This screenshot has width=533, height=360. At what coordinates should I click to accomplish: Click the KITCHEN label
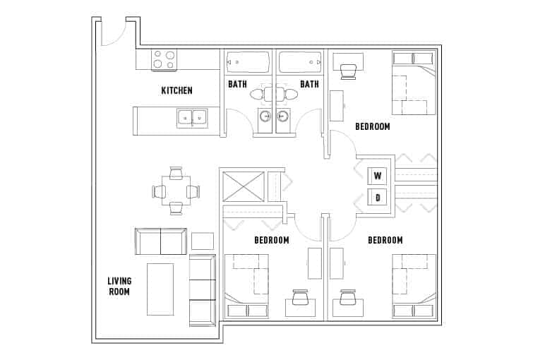pos(176,90)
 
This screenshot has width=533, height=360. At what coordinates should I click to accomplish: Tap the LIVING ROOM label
pos(119,286)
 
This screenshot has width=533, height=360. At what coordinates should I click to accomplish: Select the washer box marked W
pos(378,176)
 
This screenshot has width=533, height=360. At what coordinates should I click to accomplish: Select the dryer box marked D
pos(378,198)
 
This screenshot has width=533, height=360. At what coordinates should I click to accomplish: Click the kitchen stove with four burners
pos(165,59)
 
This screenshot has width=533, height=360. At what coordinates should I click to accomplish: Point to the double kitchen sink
pos(191,117)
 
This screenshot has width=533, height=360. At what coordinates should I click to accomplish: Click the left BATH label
pos(237,85)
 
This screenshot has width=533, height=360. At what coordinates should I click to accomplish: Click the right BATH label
pos(309,85)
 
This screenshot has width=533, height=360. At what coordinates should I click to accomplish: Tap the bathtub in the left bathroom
pos(248,62)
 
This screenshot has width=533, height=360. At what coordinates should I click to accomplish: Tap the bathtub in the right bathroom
pos(300,62)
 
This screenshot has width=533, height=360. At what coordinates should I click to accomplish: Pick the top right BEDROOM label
pos(372,126)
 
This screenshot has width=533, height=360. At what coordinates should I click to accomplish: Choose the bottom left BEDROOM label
pos(272,241)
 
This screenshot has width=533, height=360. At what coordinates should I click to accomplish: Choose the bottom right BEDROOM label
pos(385,241)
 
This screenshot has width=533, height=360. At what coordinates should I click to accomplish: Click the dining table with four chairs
pos(176,191)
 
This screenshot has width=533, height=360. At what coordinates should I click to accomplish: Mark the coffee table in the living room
pos(160,289)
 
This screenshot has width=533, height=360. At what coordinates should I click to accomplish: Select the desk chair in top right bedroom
pos(348,71)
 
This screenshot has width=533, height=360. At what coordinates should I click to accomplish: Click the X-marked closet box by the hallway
pos(243,186)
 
